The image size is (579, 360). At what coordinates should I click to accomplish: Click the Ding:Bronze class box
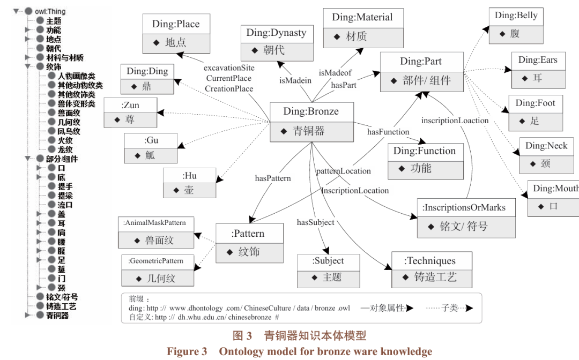311,121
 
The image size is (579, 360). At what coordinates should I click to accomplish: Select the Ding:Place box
176,33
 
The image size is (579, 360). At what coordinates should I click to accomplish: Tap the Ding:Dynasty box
276,42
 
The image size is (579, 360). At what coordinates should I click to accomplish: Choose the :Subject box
328,271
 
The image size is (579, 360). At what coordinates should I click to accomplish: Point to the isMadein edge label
295,80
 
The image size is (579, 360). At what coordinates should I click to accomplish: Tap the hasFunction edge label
388,132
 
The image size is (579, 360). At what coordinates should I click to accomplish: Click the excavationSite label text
229,69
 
